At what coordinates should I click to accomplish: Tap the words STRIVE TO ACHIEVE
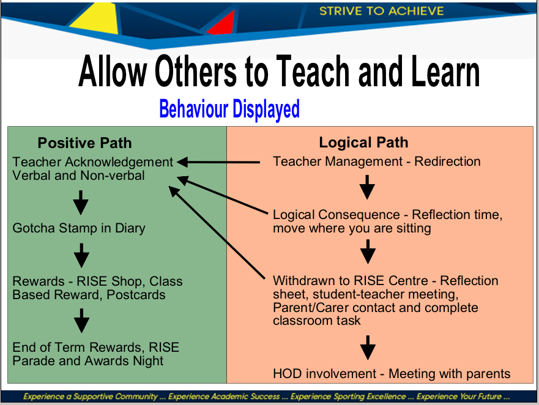point(382,11)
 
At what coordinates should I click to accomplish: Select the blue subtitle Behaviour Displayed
point(229,109)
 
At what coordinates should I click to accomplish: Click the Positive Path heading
point(84,143)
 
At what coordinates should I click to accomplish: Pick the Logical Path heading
point(363,143)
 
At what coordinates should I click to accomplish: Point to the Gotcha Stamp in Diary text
point(79,228)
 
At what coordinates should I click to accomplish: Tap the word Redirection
point(447,162)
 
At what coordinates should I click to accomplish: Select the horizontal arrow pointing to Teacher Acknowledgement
point(218,162)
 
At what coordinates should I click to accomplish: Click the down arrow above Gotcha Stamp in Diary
point(81,202)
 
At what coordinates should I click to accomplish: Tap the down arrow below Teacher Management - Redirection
point(367,187)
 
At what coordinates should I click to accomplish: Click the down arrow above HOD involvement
point(368,347)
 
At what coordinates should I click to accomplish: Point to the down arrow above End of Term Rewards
point(81,321)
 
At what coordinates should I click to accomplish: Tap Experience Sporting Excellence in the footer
point(348,396)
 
